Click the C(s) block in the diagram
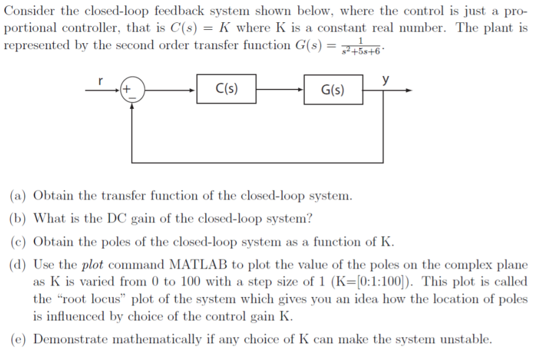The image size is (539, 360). click(x=226, y=89)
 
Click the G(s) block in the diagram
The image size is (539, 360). click(x=333, y=90)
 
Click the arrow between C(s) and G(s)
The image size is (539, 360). click(x=279, y=90)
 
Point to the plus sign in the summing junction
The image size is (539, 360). click(x=126, y=89)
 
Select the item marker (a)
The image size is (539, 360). click(x=19, y=196)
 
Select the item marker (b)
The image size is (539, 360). click(x=19, y=219)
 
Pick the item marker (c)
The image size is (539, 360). click(x=19, y=242)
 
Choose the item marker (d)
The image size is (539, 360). click(x=19, y=265)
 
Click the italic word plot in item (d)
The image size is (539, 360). click(x=92, y=265)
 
